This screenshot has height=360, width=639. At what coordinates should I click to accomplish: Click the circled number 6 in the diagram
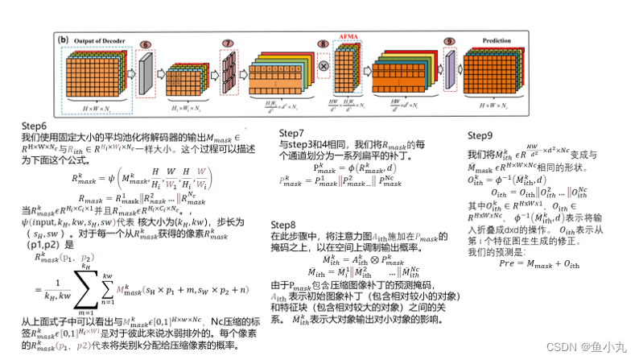146,45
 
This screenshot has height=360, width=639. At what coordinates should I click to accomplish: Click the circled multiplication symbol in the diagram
324,64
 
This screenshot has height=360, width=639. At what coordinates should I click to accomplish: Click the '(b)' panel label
64,38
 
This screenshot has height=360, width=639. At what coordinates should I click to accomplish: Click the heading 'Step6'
35,126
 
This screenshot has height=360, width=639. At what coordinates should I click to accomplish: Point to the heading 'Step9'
480,134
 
